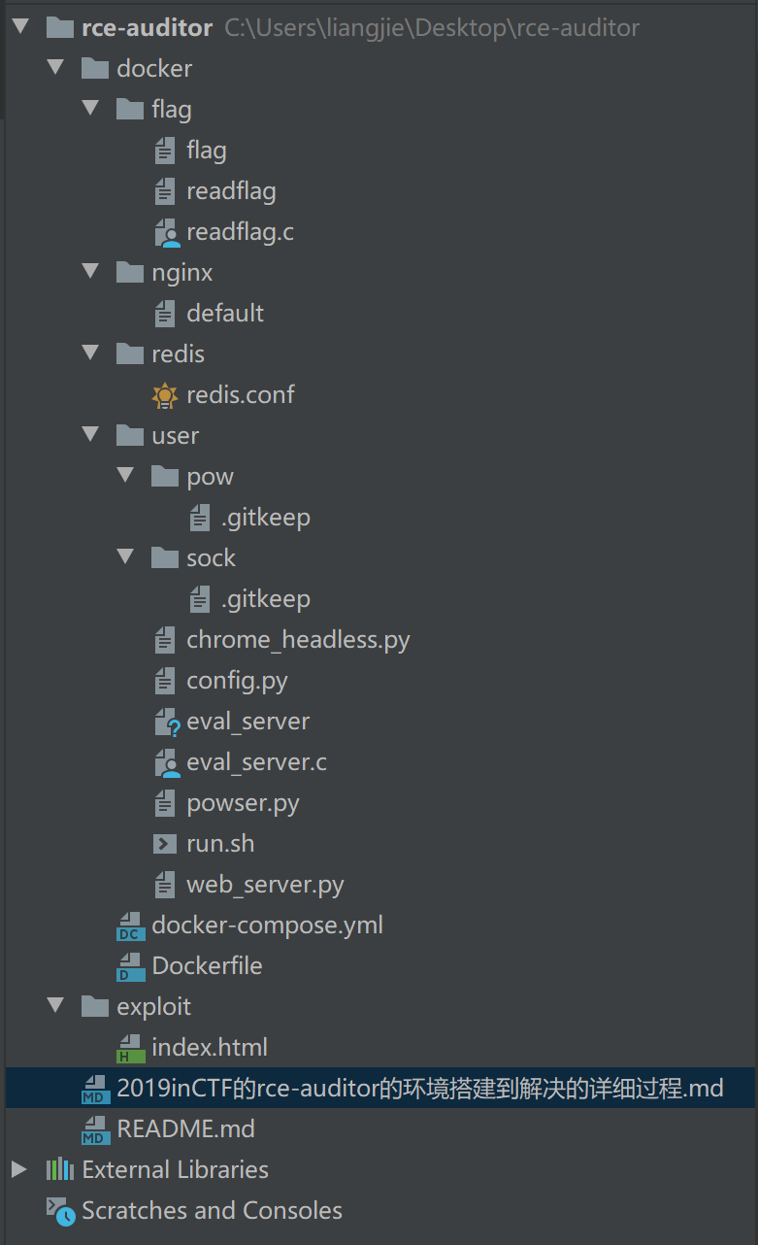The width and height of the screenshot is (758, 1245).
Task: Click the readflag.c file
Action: (x=240, y=232)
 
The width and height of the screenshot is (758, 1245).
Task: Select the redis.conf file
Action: (x=240, y=395)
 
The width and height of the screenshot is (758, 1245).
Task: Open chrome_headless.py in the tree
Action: (x=298, y=640)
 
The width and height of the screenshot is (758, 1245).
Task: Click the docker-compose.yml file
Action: (x=267, y=925)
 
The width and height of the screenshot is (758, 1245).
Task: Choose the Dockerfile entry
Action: (x=207, y=966)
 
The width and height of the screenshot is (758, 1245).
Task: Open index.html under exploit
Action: (x=210, y=1048)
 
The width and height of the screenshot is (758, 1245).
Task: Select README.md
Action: (x=185, y=1129)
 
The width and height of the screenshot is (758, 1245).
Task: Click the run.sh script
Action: (x=220, y=844)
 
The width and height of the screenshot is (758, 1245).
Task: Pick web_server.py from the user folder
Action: (x=265, y=885)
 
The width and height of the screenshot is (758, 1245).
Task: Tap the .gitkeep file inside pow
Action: (x=265, y=518)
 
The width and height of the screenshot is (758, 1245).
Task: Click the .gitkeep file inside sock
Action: (x=265, y=599)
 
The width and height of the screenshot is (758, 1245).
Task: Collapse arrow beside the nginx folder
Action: (x=91, y=272)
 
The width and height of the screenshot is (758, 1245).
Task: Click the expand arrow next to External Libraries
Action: (x=19, y=1169)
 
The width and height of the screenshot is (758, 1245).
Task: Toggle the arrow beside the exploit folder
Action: (x=56, y=1006)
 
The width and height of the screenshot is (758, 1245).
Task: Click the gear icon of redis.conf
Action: (x=165, y=395)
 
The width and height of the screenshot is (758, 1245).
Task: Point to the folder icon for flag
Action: (x=130, y=110)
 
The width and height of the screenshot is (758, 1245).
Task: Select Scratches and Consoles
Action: (x=212, y=1211)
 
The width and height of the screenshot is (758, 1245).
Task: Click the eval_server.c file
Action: (x=256, y=762)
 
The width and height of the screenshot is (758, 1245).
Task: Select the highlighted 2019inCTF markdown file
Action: (x=419, y=1089)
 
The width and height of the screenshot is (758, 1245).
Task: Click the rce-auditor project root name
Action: (x=147, y=28)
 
